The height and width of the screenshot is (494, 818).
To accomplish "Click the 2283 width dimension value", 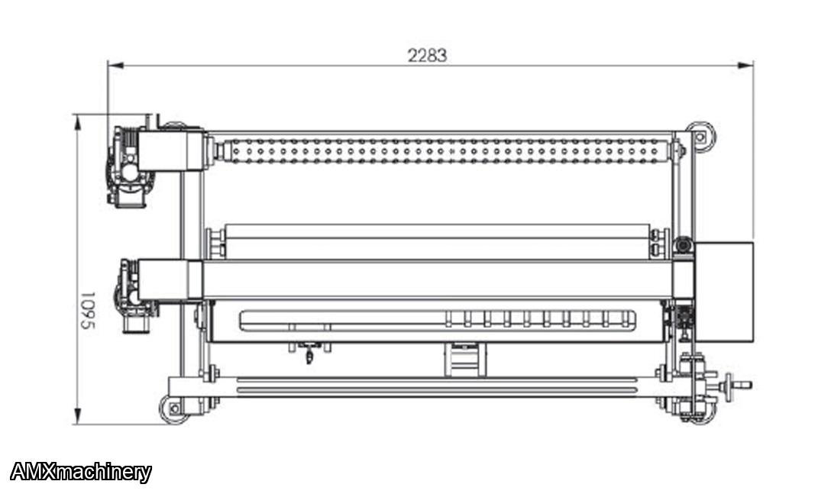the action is [427, 55].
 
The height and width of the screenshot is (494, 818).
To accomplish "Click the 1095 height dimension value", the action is [88, 311].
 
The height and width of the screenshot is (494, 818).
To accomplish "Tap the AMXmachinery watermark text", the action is [81, 472].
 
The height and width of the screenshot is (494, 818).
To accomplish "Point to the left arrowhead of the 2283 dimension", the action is [115, 65].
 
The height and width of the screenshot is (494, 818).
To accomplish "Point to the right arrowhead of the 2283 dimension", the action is [746, 65].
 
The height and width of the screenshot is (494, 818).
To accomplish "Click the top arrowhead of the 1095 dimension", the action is [78, 123].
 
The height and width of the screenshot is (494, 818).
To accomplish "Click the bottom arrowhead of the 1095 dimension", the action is [78, 416].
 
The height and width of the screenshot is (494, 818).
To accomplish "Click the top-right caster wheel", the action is [700, 137].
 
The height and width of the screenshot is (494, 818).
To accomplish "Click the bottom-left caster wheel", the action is [173, 409].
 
